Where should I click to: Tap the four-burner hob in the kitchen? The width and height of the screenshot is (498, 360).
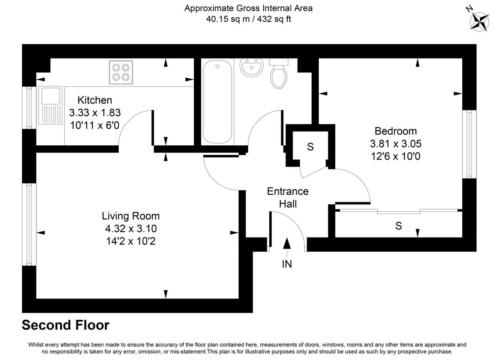point(122,71)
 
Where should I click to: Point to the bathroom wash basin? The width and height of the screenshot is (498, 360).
point(251,68)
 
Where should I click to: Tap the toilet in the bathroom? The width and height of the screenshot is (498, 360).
point(278,73)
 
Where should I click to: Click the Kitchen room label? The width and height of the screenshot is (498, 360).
point(95,100)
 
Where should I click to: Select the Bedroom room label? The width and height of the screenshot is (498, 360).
point(395,131)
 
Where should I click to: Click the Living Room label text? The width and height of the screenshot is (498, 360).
point(131,216)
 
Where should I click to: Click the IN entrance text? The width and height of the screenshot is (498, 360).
point(287,264)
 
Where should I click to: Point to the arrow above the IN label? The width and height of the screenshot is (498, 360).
point(287,245)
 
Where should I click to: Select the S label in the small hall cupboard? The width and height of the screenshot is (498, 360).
point(310,147)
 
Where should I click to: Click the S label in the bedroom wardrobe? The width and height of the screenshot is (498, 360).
point(398,226)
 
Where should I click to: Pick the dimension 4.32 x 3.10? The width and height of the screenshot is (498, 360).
point(131,228)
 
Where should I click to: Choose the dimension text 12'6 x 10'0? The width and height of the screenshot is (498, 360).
point(395,157)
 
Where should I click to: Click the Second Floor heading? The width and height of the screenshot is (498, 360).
point(66,325)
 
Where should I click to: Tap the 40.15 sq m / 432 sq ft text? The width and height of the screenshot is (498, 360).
point(249,19)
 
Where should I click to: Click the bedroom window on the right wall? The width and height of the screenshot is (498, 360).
point(469,144)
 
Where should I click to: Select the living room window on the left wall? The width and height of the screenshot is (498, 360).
point(29,224)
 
